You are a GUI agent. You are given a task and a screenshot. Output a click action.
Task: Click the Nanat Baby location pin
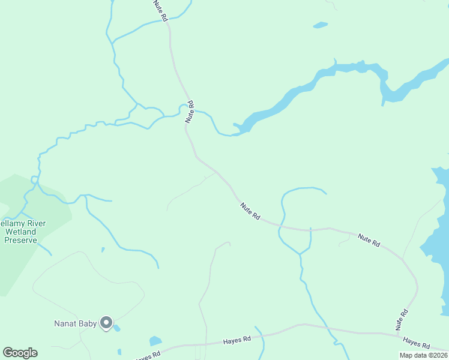click(106, 323)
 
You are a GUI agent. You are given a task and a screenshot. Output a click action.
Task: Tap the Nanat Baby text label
click(74, 324)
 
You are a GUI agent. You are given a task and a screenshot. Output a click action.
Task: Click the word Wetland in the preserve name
click(20, 232)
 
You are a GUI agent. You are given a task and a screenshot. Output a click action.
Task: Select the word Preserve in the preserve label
click(20, 240)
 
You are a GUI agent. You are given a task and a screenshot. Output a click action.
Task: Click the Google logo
click(20, 353)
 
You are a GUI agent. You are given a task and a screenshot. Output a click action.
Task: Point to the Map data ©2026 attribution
click(423, 355)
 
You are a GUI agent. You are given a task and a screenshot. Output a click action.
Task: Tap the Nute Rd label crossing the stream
click(190, 112)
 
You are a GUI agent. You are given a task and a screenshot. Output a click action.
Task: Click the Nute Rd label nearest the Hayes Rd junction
click(402, 320)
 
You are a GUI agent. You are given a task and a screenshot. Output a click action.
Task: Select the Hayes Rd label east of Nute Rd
click(417, 343)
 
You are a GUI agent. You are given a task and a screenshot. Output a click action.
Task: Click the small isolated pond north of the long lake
click(320, 25)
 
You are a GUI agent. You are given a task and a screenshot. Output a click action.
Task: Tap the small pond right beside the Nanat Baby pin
click(116, 328)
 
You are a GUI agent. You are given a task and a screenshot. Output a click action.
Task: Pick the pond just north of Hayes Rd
click(155, 341)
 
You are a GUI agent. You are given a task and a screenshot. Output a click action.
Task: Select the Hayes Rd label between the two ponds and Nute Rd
click(237, 340)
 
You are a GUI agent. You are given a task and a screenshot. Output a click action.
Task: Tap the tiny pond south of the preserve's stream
click(103, 250)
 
